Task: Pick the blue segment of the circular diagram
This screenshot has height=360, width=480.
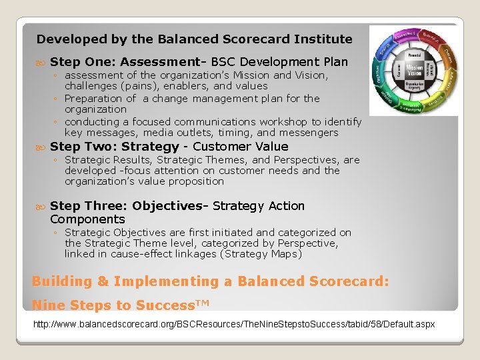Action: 383,51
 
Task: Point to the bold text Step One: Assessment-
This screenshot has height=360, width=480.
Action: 129,62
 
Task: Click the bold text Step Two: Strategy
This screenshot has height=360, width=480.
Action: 115,147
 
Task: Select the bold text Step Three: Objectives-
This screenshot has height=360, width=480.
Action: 129,206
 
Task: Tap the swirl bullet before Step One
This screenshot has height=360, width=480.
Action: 41,63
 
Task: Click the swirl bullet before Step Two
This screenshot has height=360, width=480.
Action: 41,147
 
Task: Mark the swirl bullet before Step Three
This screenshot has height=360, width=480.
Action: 41,207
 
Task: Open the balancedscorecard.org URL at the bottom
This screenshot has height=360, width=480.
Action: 234,325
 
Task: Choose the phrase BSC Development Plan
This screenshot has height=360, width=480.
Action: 279,62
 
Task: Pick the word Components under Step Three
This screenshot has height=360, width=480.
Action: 87,219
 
